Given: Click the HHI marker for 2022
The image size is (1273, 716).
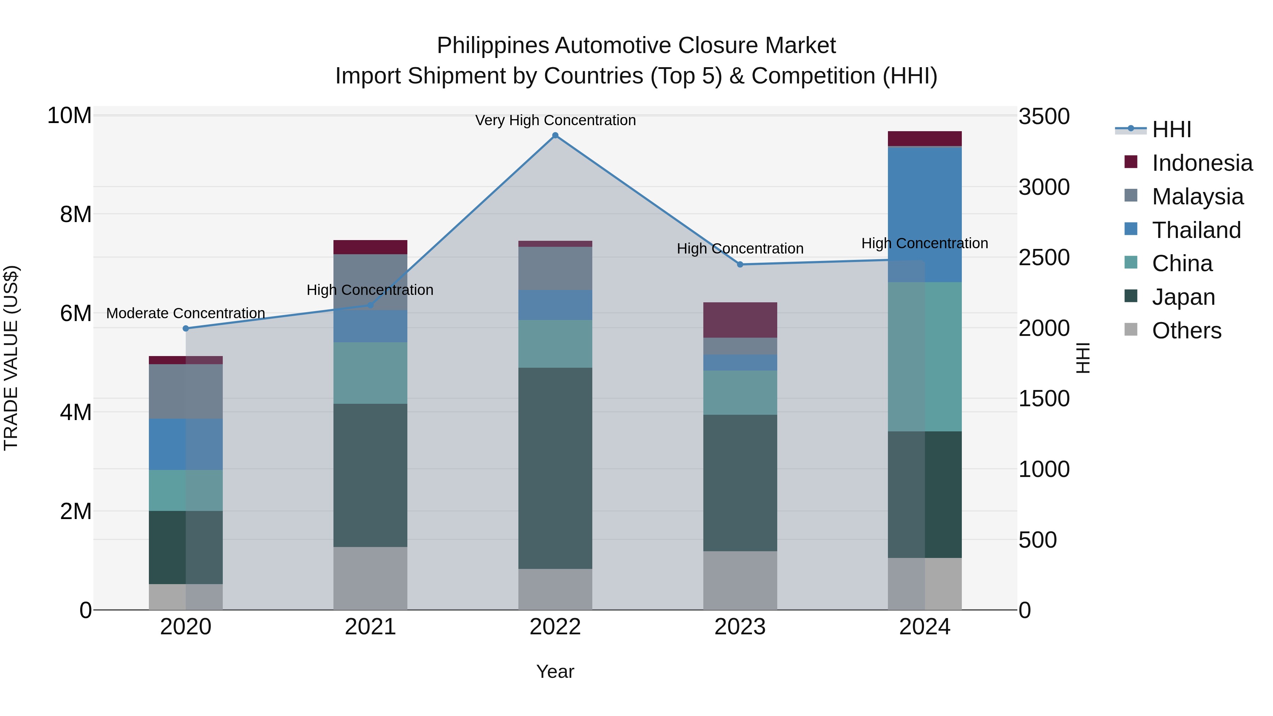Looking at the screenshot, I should pyautogui.click(x=555, y=135).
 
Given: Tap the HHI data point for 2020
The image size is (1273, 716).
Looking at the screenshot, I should pyautogui.click(x=186, y=328).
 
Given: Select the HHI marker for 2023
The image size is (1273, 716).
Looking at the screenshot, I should pyautogui.click(x=740, y=264).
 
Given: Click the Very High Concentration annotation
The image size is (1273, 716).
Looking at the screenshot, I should pyautogui.click(x=555, y=121).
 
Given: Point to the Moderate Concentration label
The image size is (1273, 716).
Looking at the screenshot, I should pyautogui.click(x=186, y=313).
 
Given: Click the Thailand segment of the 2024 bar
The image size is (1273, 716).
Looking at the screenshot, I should pyautogui.click(x=925, y=215).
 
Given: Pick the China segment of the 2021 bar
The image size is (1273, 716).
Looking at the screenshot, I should pyautogui.click(x=370, y=373).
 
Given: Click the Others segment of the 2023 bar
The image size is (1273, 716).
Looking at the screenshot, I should pyautogui.click(x=740, y=580).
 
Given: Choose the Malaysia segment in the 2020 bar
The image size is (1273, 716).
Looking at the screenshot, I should pyautogui.click(x=186, y=391).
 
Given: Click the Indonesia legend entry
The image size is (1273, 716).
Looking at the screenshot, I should pyautogui.click(x=1202, y=163).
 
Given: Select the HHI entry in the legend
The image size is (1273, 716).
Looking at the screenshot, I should pyautogui.click(x=1171, y=129).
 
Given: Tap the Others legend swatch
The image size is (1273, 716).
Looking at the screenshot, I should pyautogui.click(x=1131, y=330).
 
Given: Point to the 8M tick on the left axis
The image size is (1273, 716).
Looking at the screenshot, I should pyautogui.click(x=76, y=215).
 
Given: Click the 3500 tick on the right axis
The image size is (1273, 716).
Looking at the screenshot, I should pyautogui.click(x=1044, y=117).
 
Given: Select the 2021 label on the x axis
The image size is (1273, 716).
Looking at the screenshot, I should pyautogui.click(x=370, y=627).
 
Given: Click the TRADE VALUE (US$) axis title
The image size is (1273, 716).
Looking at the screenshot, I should pyautogui.click(x=11, y=358).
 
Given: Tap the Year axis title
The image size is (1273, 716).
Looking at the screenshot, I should pyautogui.click(x=555, y=671).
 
